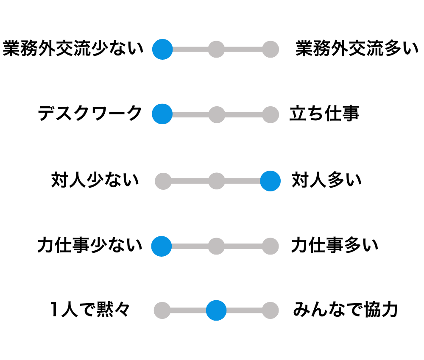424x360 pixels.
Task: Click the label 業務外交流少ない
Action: click(x=73, y=49)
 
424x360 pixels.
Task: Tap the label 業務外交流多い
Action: click(x=357, y=49)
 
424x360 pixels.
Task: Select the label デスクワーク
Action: click(x=90, y=114)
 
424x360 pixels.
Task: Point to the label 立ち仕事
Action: click(x=324, y=114)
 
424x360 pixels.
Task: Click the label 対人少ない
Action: click(x=95, y=180)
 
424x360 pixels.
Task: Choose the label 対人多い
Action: click(x=326, y=180)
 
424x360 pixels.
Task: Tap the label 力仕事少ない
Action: click(x=90, y=245)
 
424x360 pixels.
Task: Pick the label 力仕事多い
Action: click(x=335, y=245)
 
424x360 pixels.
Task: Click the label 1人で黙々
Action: click(x=90, y=310)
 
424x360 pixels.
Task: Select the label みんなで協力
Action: click(x=345, y=310)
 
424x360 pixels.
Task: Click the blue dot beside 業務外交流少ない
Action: click(x=162, y=50)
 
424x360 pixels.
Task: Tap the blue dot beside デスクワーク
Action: click(x=162, y=114)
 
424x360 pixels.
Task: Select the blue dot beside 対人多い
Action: click(x=271, y=181)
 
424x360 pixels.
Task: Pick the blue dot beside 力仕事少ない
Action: click(x=162, y=246)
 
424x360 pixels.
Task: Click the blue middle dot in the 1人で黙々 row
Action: click(x=216, y=310)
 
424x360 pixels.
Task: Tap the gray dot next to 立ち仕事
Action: click(x=271, y=115)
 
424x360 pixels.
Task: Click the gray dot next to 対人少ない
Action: click(x=163, y=181)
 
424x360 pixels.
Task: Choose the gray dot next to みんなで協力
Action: click(x=271, y=310)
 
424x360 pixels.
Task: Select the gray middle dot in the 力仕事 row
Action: click(x=216, y=246)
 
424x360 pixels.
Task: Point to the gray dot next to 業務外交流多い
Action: click(x=271, y=50)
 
